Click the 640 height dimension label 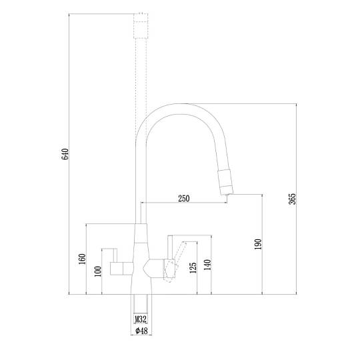tap(65, 154)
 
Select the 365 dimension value tap(293, 199)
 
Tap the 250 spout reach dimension tap(184, 198)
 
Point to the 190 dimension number tap(258, 244)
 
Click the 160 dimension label tap(82, 259)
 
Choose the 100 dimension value tap(97, 271)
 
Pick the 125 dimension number tap(193, 268)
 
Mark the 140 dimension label tap(207, 265)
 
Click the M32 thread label tap(140, 319)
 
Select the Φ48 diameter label tap(141, 331)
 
